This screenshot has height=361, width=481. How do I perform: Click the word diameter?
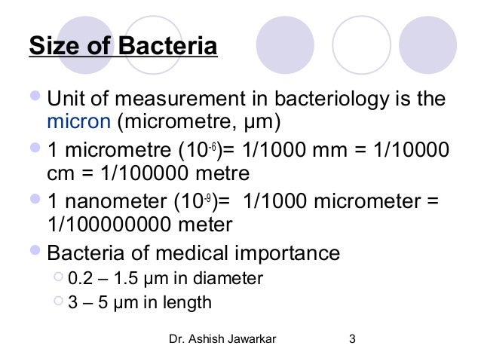(x=231, y=279)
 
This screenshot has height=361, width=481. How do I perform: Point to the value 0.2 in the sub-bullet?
(x=78, y=279)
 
